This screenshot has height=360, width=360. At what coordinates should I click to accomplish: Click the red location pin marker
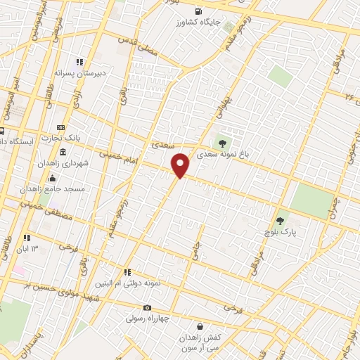point(181,165)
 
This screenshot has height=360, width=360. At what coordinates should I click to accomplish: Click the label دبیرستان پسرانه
point(80,72)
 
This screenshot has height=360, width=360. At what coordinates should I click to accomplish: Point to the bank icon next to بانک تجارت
point(60,127)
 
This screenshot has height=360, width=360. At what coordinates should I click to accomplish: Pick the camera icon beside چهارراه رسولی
point(147,307)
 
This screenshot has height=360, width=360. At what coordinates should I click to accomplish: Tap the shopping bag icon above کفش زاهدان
point(201,326)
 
